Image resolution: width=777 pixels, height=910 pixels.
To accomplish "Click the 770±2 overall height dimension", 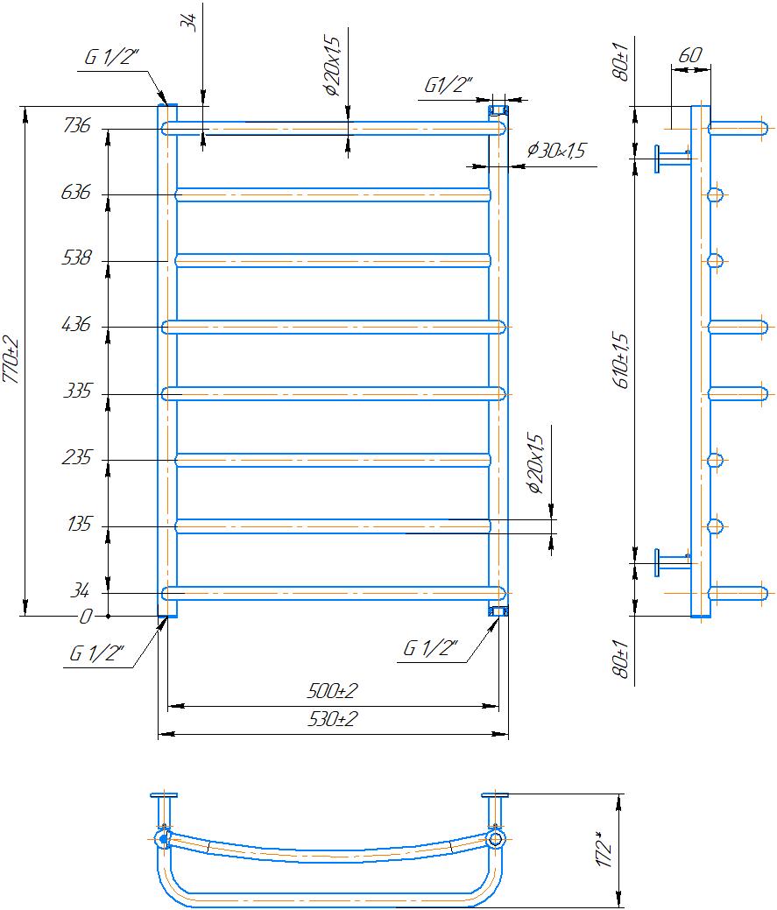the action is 11,360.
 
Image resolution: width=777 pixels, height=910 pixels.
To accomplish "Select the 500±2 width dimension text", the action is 333,691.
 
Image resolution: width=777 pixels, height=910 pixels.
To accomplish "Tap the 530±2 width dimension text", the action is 333,719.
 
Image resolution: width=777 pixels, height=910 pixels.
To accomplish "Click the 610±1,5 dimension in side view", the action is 620,360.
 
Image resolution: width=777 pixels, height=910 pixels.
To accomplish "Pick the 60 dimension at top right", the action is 690,55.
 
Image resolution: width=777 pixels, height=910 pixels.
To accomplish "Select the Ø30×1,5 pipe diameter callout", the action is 556,151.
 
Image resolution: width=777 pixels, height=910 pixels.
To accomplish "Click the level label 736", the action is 76,125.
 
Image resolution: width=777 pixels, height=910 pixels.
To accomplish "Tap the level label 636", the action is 76,192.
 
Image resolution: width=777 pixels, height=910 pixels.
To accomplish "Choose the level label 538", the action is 76,257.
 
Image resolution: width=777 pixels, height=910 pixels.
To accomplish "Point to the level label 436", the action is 76,324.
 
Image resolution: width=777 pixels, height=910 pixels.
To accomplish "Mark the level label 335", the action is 77,391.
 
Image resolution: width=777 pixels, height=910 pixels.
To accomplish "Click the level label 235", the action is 76,457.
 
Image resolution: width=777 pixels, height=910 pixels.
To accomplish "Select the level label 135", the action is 79,524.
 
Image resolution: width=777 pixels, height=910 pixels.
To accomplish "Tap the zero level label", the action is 85,616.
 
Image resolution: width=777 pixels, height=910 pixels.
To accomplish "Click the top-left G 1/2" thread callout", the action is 111,57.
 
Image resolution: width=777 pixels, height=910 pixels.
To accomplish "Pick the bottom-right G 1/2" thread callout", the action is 430,647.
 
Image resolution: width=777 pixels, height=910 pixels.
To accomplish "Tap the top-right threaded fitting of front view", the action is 498,110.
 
